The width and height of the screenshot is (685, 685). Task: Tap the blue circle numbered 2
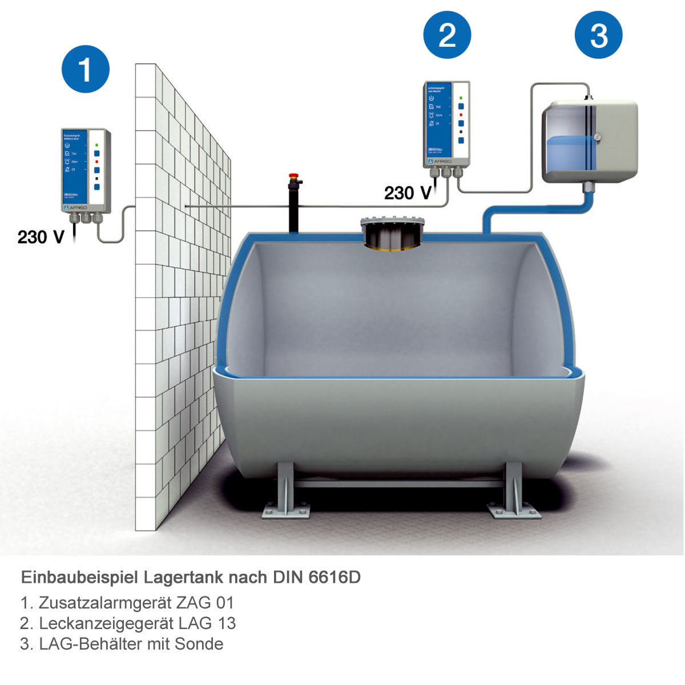(447, 35)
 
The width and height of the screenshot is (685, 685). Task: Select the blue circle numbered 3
(598, 35)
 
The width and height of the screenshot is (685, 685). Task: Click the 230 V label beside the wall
(41, 236)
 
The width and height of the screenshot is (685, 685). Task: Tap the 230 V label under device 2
(407, 193)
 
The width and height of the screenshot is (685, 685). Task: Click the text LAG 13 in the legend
(207, 623)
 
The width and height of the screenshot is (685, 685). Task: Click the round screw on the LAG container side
(597, 136)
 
